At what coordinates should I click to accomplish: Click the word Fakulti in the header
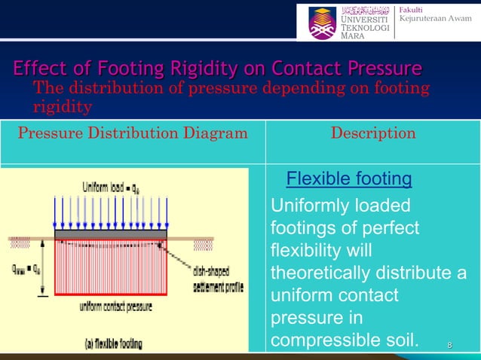(x=412, y=8)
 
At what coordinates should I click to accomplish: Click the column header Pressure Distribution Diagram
(x=132, y=134)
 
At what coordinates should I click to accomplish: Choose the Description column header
(x=373, y=134)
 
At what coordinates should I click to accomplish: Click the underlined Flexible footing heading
(x=349, y=179)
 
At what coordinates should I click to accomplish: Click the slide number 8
(x=449, y=345)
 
